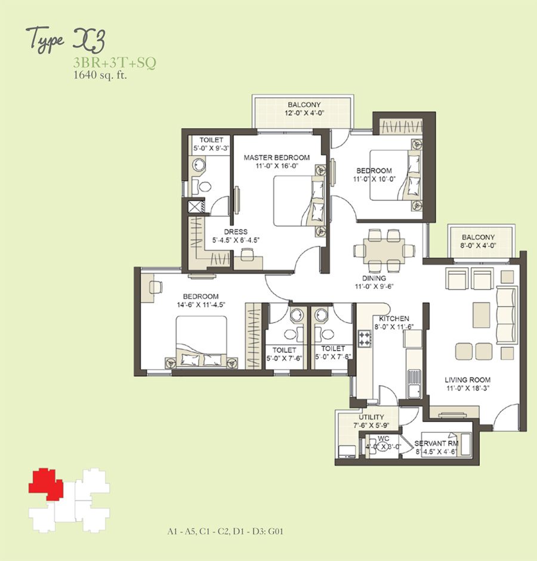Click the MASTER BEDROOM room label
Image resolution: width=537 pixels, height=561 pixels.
[277, 157]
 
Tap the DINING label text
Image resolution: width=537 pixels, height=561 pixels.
[374, 278]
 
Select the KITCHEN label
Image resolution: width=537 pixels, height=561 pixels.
[394, 318]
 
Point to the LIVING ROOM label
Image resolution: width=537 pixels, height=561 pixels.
[468, 380]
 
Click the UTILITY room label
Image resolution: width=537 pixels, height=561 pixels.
[371, 417]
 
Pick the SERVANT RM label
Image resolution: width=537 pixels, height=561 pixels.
[436, 444]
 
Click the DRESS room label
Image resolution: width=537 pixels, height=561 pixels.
[236, 232]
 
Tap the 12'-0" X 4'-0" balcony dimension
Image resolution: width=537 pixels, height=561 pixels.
[304, 113]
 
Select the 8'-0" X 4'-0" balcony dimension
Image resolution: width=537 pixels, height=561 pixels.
[478, 246]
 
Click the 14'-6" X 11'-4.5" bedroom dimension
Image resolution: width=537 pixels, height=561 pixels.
[201, 305]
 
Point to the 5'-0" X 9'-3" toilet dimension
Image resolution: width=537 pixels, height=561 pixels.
[211, 148]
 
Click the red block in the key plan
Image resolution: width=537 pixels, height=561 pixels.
[46, 484]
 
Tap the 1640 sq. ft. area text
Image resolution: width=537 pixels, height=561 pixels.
[100, 75]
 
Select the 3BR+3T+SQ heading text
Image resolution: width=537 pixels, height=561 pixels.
[115, 63]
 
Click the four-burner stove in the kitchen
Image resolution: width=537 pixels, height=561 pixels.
[365, 339]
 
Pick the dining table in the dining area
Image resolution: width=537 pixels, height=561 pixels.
[384, 250]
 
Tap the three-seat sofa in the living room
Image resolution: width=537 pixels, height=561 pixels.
[507, 315]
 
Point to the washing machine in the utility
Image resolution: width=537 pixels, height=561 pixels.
[347, 451]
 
